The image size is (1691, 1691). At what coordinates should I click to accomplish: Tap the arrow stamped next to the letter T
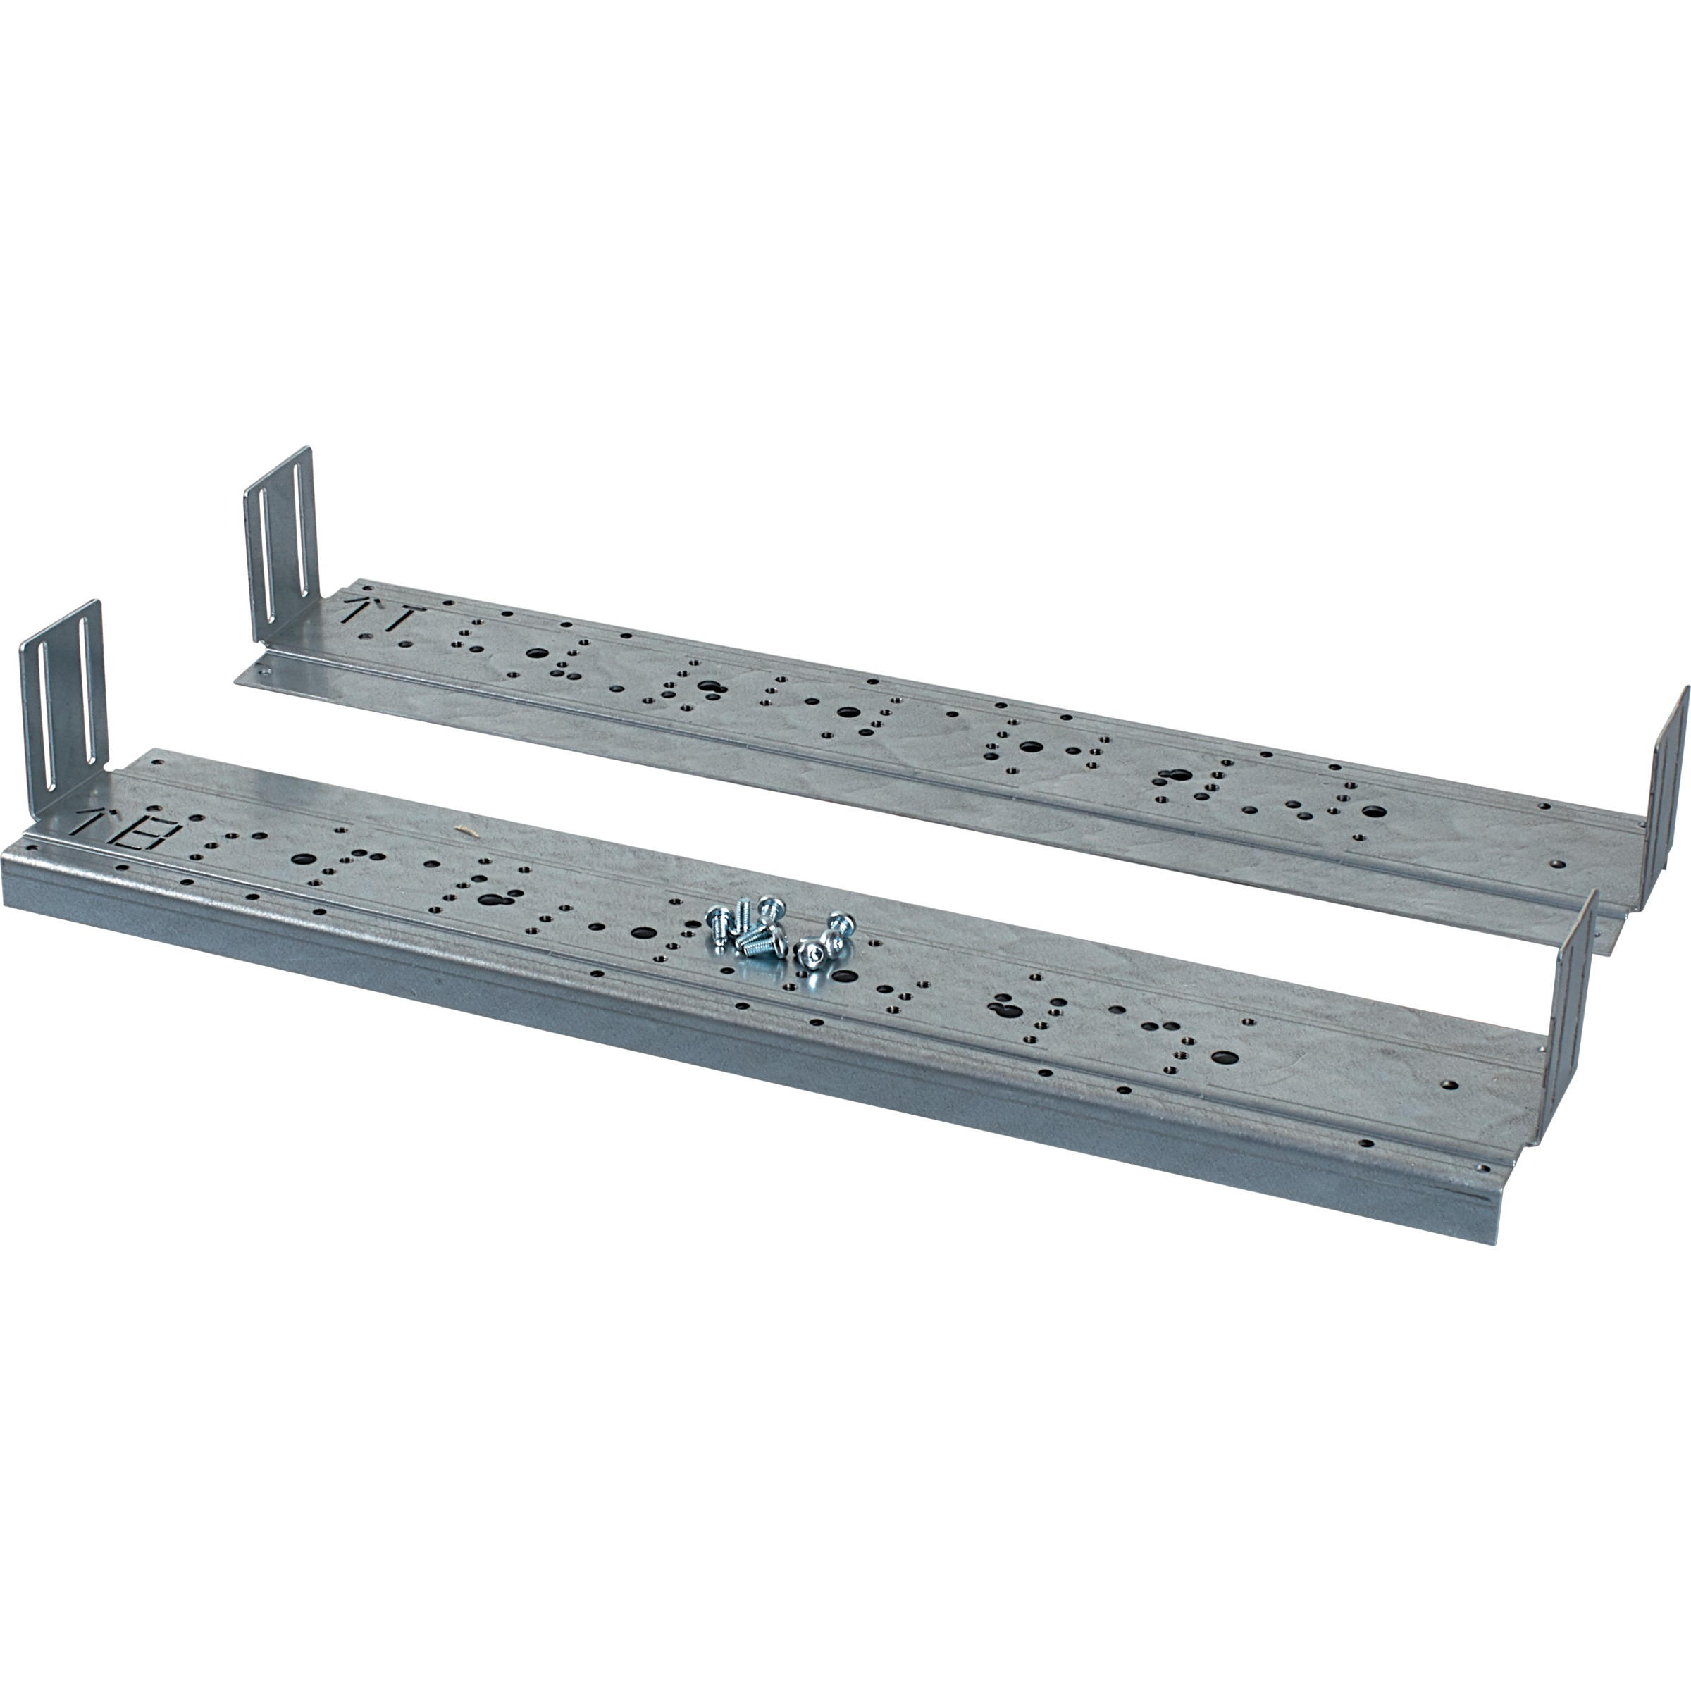(x=357, y=610)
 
